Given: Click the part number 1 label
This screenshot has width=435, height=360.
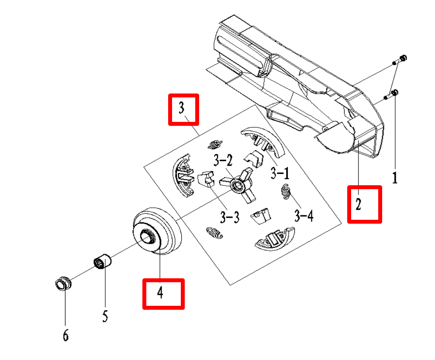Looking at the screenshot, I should click(394, 177).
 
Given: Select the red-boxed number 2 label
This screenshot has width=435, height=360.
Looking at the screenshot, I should click(364, 204).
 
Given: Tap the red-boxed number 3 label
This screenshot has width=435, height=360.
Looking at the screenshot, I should click(183, 109).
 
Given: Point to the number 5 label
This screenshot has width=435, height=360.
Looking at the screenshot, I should click(105, 316).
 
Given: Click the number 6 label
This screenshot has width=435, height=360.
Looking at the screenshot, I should click(66, 335).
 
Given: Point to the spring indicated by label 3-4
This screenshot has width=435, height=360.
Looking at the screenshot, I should click(286, 192).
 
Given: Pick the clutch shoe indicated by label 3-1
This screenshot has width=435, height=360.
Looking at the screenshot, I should click(262, 140).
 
